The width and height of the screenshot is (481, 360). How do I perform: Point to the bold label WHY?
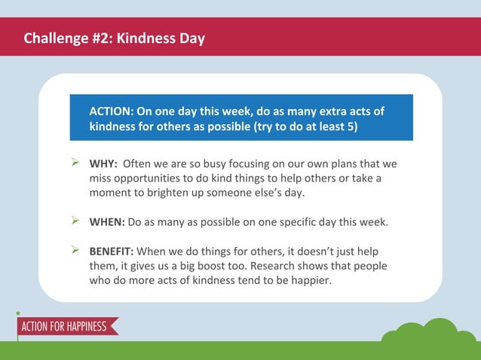coord(103,163)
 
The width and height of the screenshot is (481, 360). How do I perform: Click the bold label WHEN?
coord(107,222)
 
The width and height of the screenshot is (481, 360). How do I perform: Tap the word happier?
coord(309,280)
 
